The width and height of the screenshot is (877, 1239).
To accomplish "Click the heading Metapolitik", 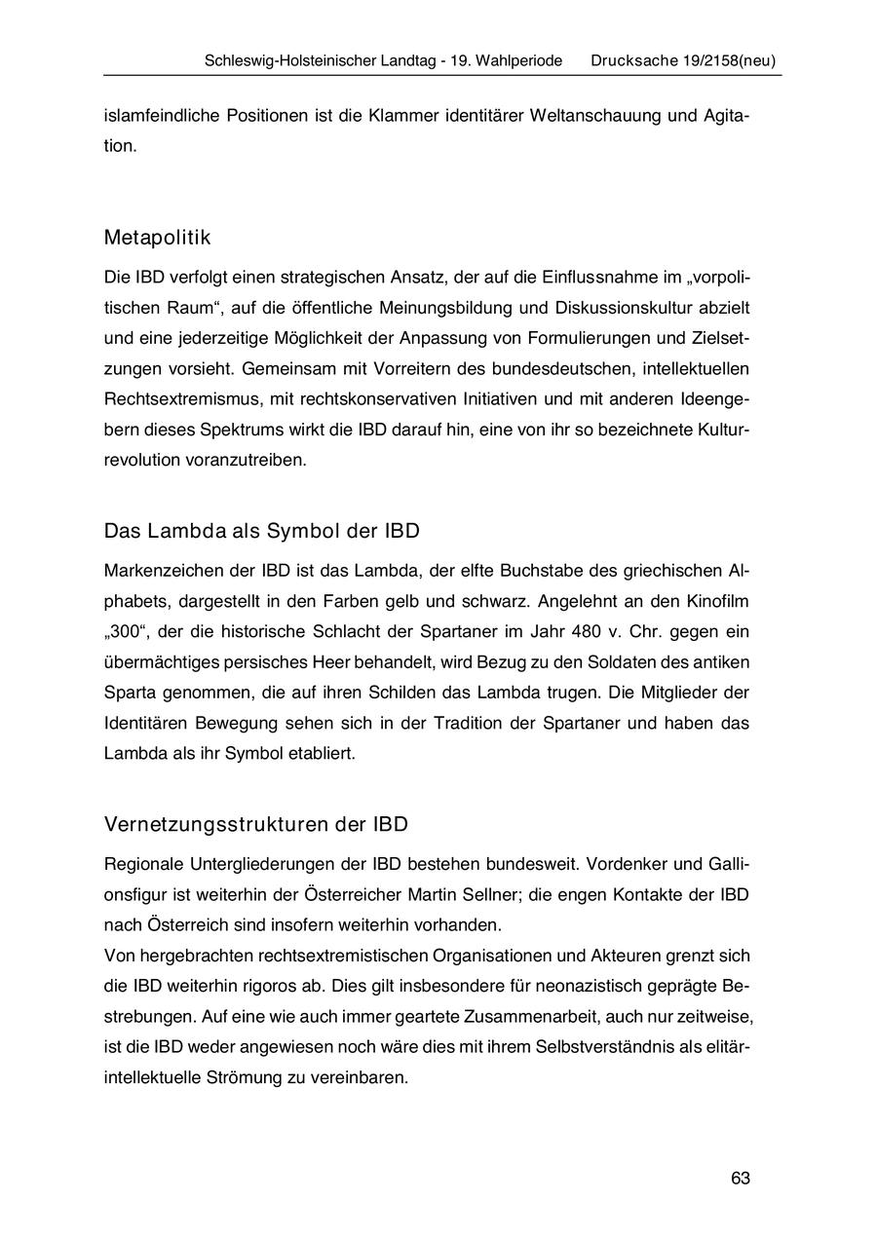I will pos(157,238).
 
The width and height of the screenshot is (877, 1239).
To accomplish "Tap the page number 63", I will pos(741,1178).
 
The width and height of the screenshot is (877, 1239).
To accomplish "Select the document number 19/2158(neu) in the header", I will pos(727,60).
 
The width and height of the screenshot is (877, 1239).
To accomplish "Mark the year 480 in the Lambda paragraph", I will pos(587,631).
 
